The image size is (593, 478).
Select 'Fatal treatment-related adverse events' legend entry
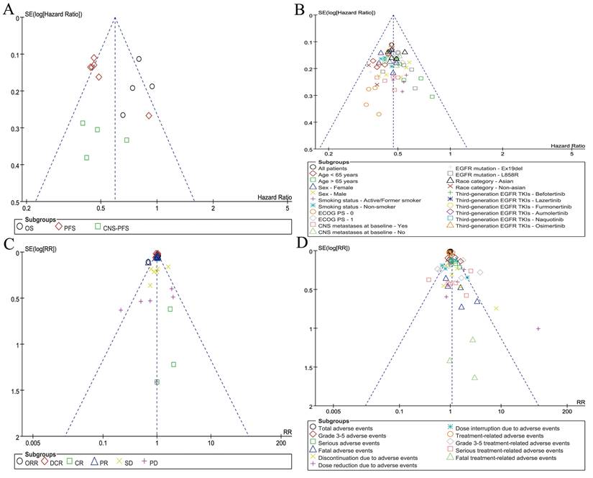click(506, 457)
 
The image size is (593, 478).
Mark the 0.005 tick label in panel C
click(32, 445)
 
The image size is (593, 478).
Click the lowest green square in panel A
click(87, 158)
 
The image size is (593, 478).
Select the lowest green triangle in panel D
click(475, 377)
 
